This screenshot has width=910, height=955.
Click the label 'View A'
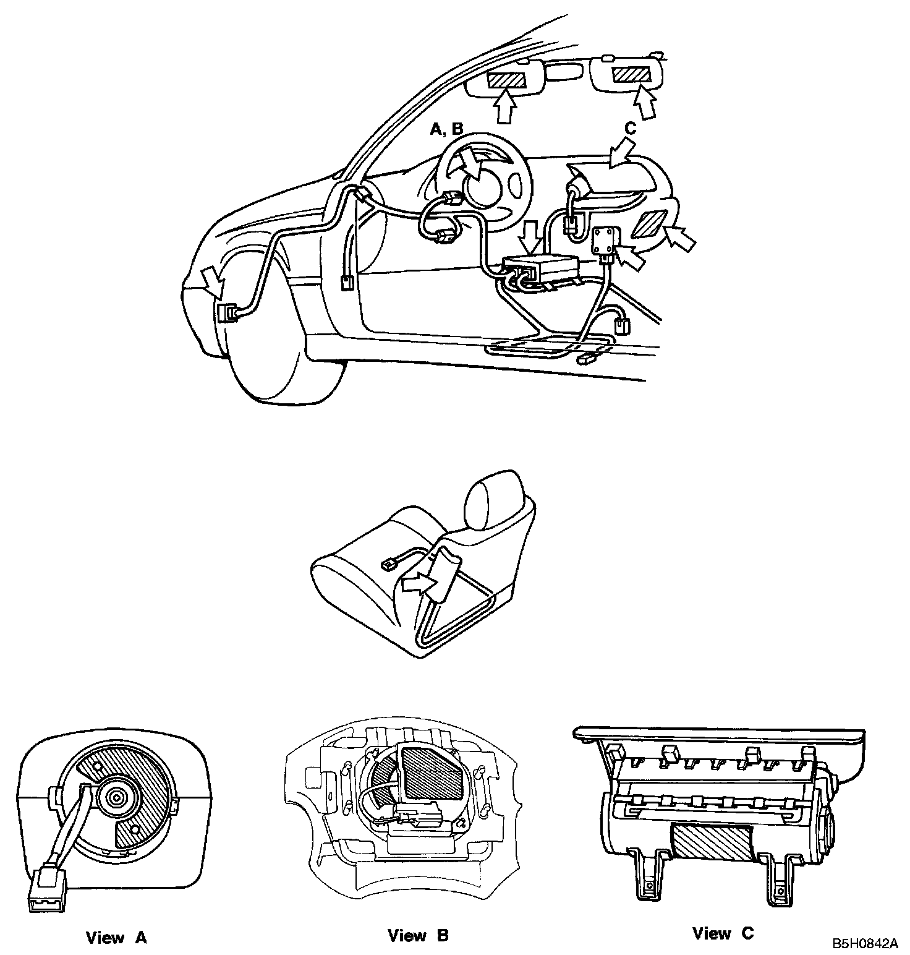pyautogui.click(x=116, y=938)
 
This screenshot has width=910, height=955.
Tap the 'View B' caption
pyautogui.click(x=418, y=936)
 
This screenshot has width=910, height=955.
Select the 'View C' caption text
pyautogui.click(x=723, y=933)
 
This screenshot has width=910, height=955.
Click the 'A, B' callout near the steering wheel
pyautogui.click(x=446, y=129)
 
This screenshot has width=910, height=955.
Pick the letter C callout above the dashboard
pyautogui.click(x=630, y=129)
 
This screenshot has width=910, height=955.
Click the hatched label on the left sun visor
pyautogui.click(x=507, y=80)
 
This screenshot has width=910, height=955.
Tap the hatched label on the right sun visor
pyautogui.click(x=632, y=75)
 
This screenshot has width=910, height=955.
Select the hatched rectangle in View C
pyautogui.click(x=712, y=843)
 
